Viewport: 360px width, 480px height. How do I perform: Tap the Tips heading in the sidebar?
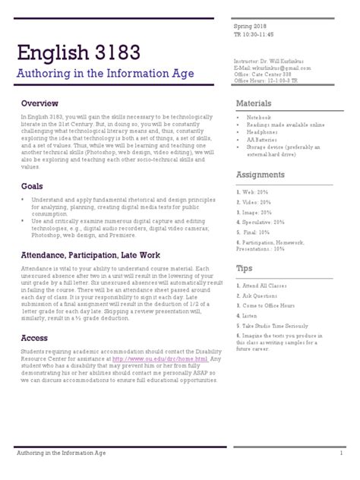[x=244, y=269]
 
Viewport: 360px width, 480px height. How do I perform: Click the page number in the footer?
[x=342, y=454]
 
